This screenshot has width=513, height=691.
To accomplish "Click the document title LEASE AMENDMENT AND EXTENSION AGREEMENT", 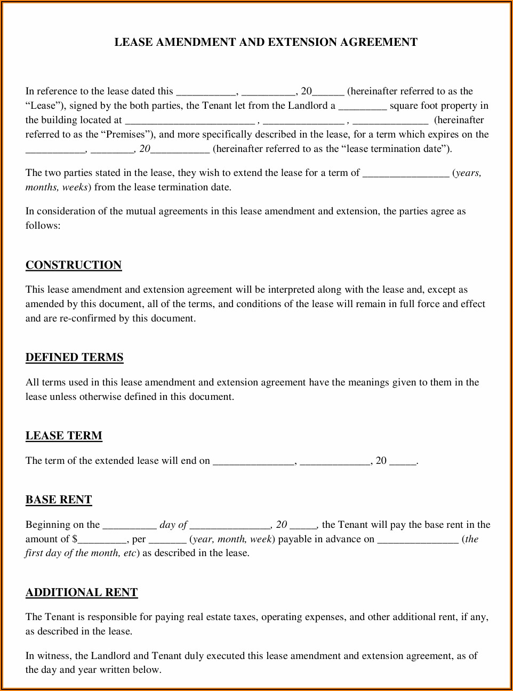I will [266, 42].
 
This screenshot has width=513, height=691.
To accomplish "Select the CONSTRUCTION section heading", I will [74, 265].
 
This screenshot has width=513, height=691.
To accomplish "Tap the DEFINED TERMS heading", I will [75, 357].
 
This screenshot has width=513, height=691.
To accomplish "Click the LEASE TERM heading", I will [64, 436].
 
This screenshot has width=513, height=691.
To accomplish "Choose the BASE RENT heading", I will [59, 500].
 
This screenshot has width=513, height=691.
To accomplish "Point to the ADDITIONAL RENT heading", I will [82, 592].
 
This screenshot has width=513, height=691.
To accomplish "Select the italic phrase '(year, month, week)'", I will [232, 539].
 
